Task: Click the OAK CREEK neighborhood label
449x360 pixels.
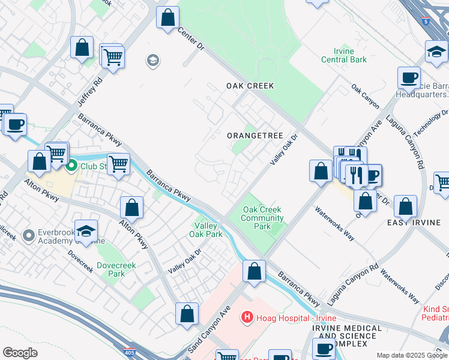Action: click(x=250, y=86)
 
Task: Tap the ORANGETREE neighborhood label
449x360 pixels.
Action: click(x=255, y=136)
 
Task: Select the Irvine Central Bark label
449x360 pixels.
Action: click(x=345, y=55)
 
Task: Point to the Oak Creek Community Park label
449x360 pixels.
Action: click(x=262, y=218)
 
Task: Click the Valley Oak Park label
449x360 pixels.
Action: click(x=208, y=230)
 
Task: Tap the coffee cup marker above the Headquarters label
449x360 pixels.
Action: click(x=409, y=77)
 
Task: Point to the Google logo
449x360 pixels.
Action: click(x=20, y=353)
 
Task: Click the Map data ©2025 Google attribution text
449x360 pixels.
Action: click(x=412, y=355)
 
